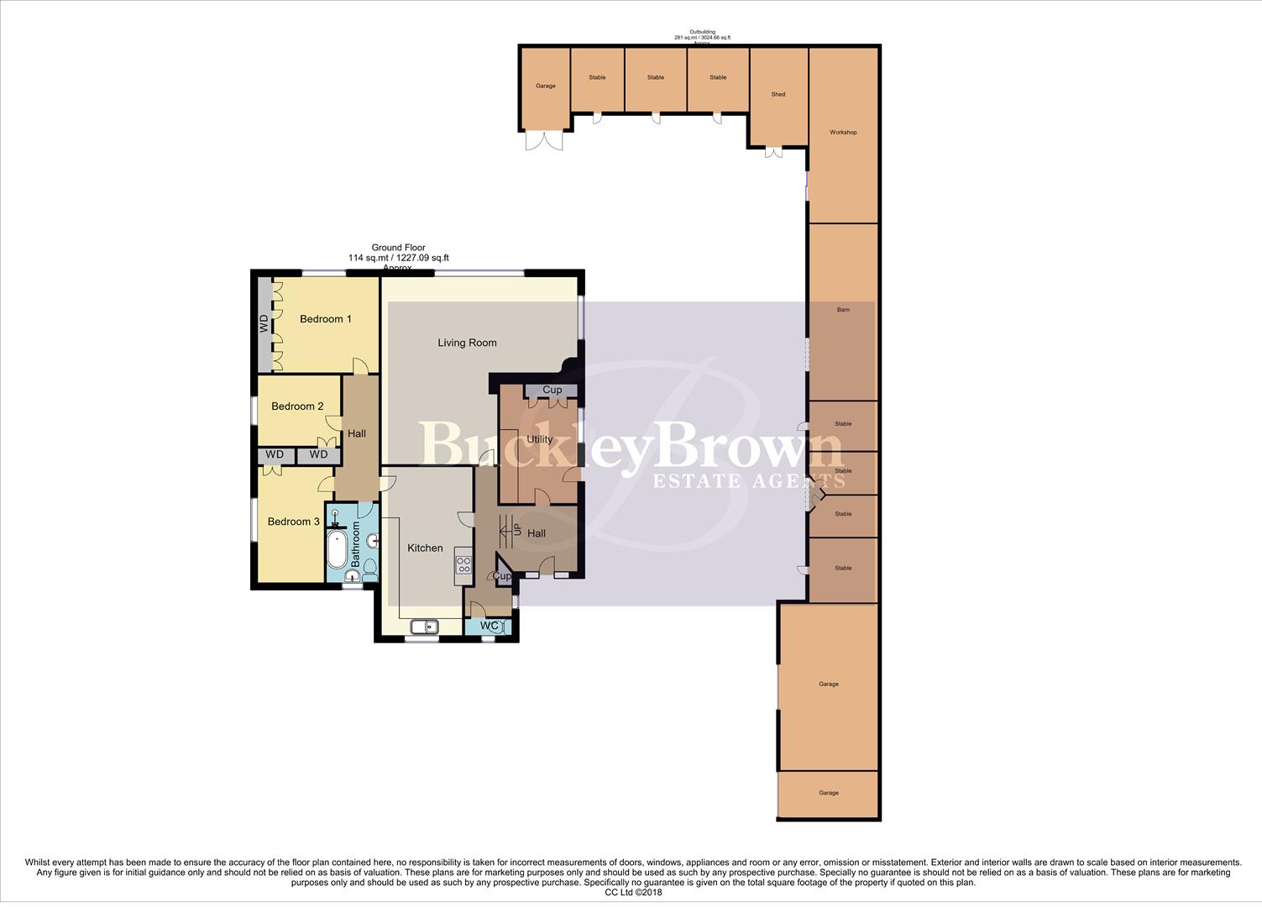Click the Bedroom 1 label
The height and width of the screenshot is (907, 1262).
(x=325, y=319)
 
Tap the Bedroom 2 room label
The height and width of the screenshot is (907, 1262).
(x=297, y=406)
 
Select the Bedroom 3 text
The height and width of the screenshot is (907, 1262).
(x=293, y=522)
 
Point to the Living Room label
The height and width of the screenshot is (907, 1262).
(x=467, y=343)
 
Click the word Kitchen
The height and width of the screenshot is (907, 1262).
(x=425, y=548)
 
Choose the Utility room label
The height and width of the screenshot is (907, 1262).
(x=539, y=439)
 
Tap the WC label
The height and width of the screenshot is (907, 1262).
(x=490, y=627)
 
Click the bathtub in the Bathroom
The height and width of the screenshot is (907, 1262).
(x=336, y=550)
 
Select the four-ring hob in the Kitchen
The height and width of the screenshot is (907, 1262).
(x=463, y=565)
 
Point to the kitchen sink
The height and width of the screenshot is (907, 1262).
(x=424, y=627)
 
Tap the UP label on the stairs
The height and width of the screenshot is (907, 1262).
(x=517, y=531)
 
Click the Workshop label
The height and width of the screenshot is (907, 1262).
(x=843, y=133)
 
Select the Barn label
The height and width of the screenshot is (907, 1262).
(x=843, y=310)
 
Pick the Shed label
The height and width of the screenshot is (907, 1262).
(x=778, y=95)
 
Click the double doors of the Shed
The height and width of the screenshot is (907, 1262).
(x=774, y=153)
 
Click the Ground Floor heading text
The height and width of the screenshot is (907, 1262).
(x=399, y=248)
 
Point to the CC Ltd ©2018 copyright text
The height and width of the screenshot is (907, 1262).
(x=633, y=893)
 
